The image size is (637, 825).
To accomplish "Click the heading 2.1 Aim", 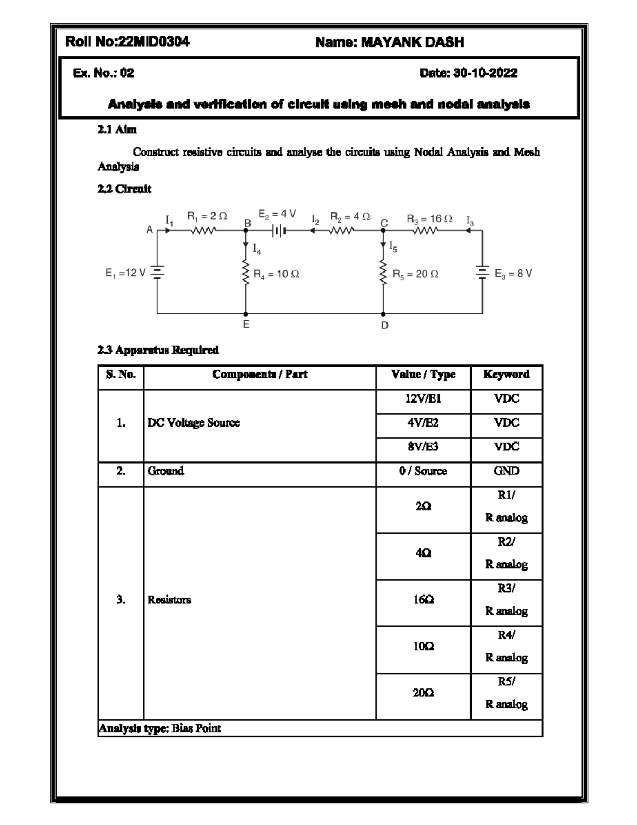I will (x=117, y=129).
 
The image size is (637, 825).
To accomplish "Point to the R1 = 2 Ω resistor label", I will (x=207, y=216).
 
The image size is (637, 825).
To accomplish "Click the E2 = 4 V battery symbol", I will (x=278, y=231).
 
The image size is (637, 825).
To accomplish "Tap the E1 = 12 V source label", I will (x=125, y=273).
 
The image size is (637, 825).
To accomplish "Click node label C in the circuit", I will (x=384, y=223).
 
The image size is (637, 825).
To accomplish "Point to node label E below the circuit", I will (x=246, y=324).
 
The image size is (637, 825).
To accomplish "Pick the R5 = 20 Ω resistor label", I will (x=416, y=274).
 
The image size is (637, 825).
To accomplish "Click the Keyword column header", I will (x=506, y=375).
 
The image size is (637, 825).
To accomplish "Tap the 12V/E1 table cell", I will (x=423, y=398).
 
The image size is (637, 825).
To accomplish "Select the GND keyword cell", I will (x=506, y=471).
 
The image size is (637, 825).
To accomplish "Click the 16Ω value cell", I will (x=423, y=600).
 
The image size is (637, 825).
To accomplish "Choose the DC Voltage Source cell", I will (x=194, y=423).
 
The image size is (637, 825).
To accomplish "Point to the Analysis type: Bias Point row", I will (x=160, y=728).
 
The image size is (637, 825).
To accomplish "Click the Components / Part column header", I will (x=260, y=375).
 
